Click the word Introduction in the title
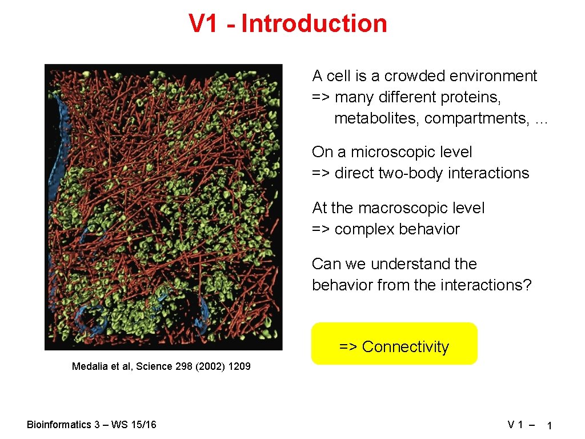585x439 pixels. coord(314,24)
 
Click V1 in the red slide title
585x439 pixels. coord(204,24)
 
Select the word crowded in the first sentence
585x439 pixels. coord(415,76)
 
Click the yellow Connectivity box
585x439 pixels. coord(394,344)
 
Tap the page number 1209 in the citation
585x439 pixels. coord(239,366)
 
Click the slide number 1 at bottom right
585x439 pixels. coord(548,425)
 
